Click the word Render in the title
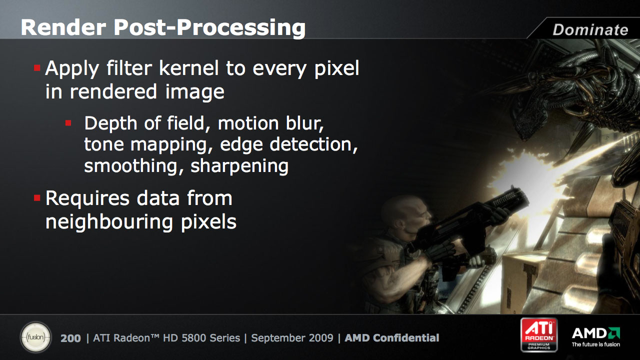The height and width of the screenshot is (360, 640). point(63,27)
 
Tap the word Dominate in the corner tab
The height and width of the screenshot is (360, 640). point(590,29)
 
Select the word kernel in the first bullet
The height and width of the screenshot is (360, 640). point(189,68)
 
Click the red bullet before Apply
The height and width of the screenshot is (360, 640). point(37,68)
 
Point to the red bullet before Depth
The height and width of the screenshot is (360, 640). point(68,123)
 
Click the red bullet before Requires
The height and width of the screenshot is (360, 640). point(37,197)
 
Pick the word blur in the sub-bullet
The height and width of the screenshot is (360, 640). point(304,123)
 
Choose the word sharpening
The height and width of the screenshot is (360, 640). point(239,167)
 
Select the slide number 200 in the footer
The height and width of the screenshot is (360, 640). point(70,338)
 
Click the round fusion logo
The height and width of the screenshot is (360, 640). point(35,337)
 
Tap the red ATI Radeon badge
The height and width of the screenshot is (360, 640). point(539,334)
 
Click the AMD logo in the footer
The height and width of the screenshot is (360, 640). point(595,337)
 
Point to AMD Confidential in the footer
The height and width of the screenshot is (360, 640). point(391,338)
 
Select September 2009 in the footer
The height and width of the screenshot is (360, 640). point(292,338)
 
